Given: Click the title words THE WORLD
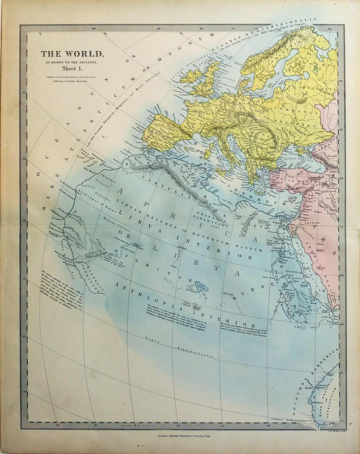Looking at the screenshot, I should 72,54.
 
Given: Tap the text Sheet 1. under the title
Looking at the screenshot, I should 72,69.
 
